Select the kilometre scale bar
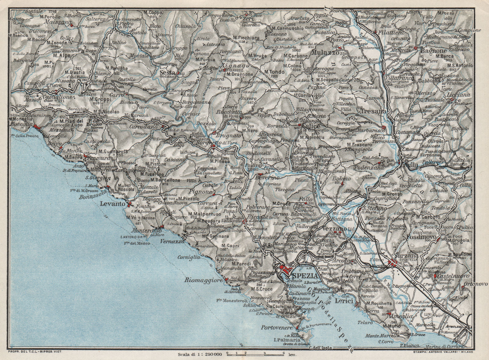point(256,353)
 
